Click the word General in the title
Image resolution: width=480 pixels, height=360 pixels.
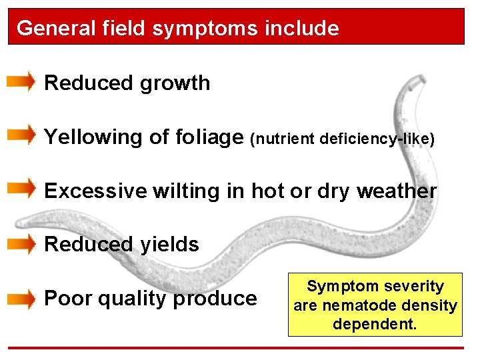(47, 29)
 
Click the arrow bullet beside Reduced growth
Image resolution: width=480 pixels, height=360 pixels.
(21, 82)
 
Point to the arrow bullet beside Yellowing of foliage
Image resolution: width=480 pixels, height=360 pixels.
(21, 136)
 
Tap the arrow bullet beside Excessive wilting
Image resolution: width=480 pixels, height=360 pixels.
(21, 189)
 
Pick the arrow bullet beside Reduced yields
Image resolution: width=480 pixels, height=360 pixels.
(21, 243)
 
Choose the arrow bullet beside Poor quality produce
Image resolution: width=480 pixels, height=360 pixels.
(21, 298)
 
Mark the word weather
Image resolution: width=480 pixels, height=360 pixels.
(397, 191)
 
